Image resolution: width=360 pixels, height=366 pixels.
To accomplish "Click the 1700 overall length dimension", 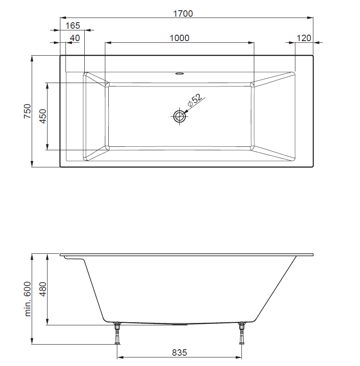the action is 183,14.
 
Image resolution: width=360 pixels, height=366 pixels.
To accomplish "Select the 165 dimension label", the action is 73,26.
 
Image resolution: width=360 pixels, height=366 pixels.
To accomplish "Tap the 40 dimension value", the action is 75,38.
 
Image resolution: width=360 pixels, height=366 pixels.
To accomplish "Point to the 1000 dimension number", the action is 179,38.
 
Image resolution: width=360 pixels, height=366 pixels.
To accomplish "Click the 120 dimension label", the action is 304,38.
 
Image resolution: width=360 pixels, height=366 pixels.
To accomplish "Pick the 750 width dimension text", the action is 27,111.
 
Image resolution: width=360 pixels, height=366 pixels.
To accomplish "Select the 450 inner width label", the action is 43,116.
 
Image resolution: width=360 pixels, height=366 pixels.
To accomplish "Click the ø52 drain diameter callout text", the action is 194,100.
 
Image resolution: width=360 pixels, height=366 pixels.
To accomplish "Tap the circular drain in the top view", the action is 179,116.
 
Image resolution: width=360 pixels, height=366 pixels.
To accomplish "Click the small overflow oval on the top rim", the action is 179,73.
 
